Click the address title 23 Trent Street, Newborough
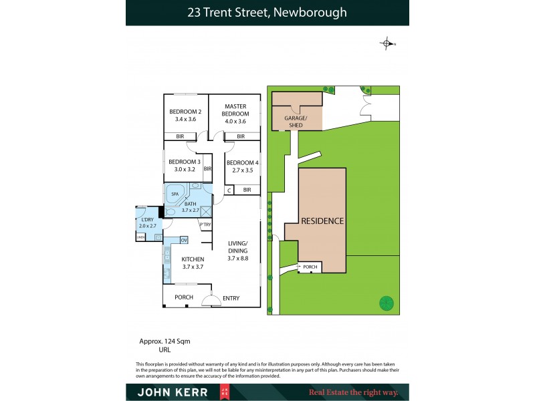[x=267, y=12]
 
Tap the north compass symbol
[x=387, y=44]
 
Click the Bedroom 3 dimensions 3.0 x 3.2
[x=185, y=169]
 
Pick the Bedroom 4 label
[x=242, y=162]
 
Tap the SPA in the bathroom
[x=175, y=194]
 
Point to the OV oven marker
[x=183, y=240]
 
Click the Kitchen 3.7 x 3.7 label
[x=193, y=263]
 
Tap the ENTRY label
[x=231, y=298]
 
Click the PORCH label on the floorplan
[x=184, y=297]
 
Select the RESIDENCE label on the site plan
[x=322, y=221]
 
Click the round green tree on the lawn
[x=387, y=304]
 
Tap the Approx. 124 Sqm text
[x=165, y=341]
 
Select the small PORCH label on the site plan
[x=310, y=267]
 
